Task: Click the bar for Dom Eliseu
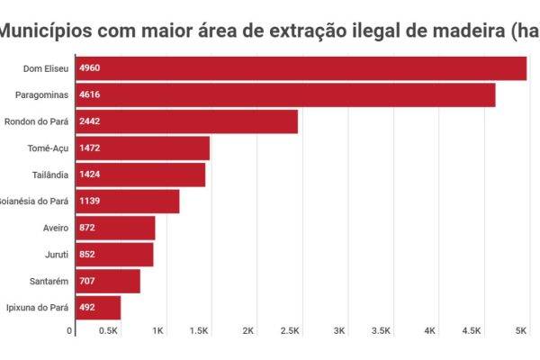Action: click(x=301, y=68)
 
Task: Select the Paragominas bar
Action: click(x=285, y=94)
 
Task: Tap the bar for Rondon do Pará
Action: click(x=186, y=121)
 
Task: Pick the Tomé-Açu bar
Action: click(x=142, y=148)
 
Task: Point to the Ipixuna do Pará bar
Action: click(x=98, y=308)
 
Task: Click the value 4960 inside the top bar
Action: click(x=90, y=68)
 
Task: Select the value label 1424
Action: click(x=90, y=175)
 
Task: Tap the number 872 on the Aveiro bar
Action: click(x=87, y=229)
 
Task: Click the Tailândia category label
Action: click(x=49, y=175)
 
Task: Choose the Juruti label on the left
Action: click(x=56, y=255)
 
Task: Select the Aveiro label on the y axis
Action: click(x=56, y=229)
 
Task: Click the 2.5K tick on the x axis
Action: click(x=290, y=331)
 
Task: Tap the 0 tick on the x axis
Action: click(x=70, y=331)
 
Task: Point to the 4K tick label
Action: click(x=430, y=331)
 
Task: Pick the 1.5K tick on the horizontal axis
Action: click(x=199, y=331)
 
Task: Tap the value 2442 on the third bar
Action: click(x=90, y=121)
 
